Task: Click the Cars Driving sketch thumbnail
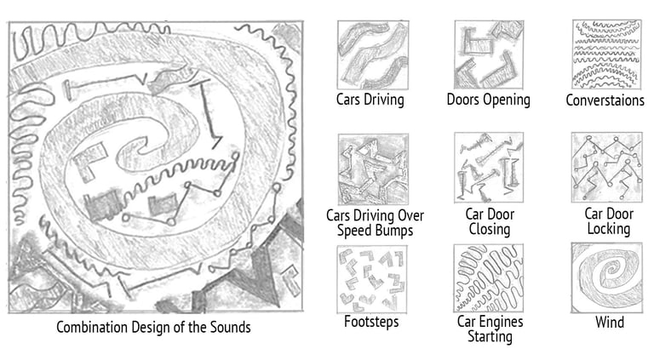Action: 372,54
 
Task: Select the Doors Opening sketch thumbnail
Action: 488,54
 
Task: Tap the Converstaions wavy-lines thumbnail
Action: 605,54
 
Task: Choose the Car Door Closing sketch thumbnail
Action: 488,168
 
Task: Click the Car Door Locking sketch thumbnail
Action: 606,168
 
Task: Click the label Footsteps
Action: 371,323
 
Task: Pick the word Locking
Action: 608,228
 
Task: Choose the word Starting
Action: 489,336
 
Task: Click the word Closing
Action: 489,229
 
